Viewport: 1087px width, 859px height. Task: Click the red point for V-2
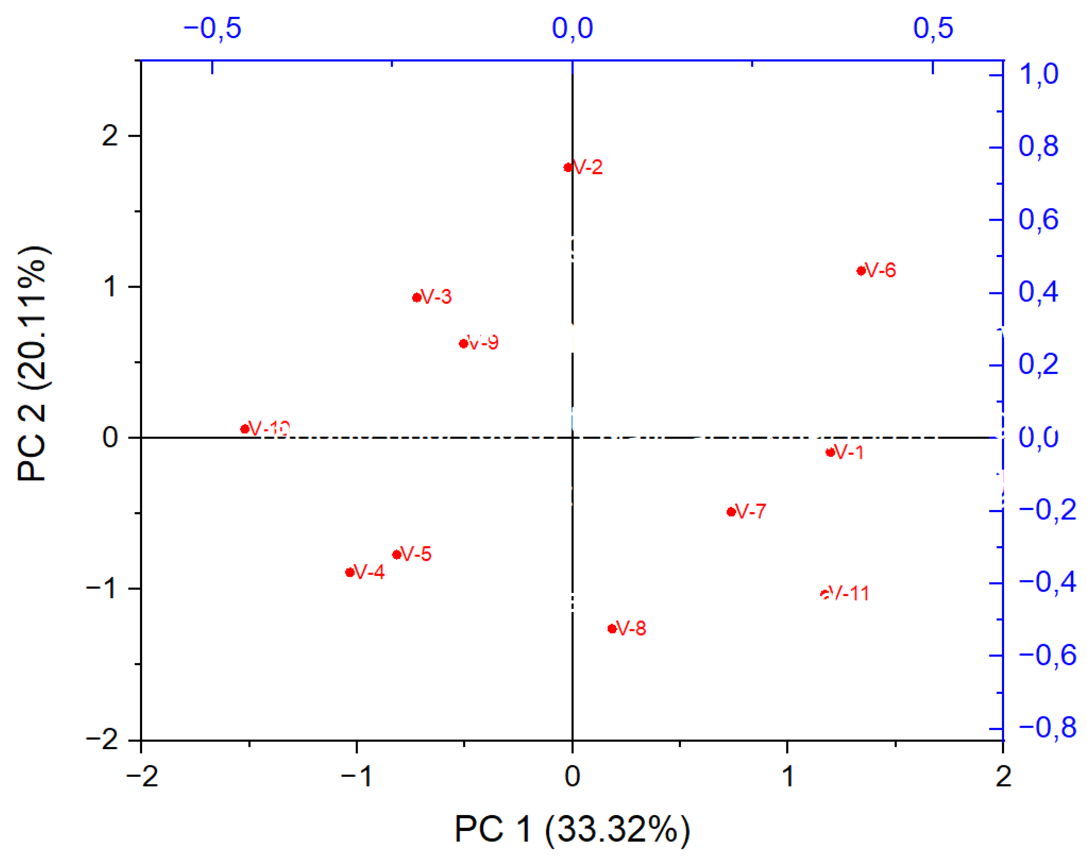click(567, 168)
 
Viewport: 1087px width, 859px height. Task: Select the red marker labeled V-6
click(861, 271)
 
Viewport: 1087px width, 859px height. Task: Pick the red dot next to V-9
click(463, 344)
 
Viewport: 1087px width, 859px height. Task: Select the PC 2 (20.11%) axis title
click(33, 364)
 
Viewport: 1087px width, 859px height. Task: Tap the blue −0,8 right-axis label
click(1047, 728)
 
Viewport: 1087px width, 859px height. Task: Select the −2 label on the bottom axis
click(142, 777)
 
